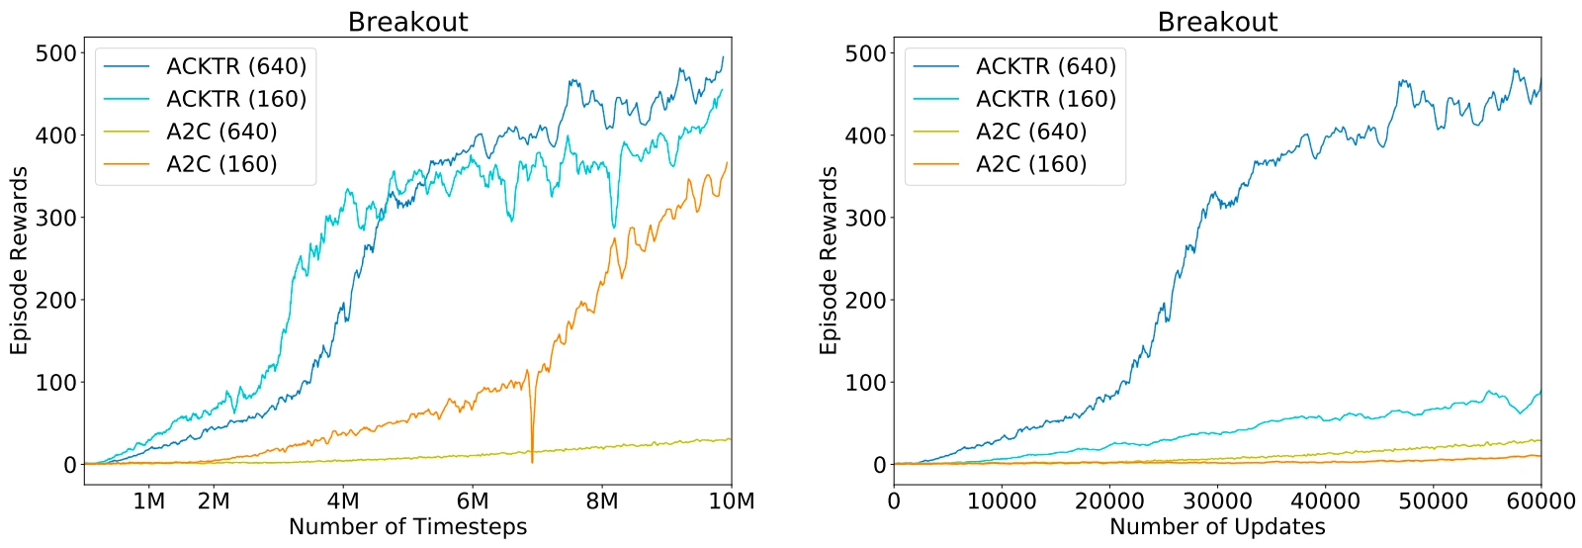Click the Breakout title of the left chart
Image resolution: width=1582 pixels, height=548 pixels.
[x=407, y=22]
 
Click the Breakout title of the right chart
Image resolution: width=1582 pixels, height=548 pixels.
[x=1217, y=22]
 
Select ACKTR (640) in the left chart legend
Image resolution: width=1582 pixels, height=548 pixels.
[x=236, y=66]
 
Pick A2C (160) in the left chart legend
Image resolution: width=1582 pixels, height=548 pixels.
[x=221, y=164]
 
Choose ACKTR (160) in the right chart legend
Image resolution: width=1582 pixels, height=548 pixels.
[x=1046, y=99]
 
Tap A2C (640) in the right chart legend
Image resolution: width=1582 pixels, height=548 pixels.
[x=1031, y=132]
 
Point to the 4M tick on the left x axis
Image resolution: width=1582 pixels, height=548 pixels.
[x=343, y=502]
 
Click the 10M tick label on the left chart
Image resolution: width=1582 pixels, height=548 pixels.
[x=732, y=502]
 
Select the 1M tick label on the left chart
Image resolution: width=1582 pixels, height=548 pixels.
[x=149, y=502]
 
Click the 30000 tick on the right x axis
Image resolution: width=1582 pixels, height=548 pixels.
[x=1217, y=502]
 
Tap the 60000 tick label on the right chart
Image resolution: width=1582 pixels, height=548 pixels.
[x=1540, y=502]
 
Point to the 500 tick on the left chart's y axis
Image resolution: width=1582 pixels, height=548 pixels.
[x=56, y=53]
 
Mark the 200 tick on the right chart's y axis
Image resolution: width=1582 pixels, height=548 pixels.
[x=866, y=300]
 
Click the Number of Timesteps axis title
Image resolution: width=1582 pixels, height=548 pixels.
[x=407, y=527]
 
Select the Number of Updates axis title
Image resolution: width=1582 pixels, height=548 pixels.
[x=1217, y=527]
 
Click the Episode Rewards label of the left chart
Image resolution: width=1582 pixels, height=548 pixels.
[x=19, y=261]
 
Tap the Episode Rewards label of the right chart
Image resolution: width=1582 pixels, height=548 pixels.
[x=829, y=261]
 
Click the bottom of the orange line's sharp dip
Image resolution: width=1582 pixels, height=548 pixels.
[x=532, y=461]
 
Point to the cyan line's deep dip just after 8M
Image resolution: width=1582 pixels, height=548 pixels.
[x=614, y=227]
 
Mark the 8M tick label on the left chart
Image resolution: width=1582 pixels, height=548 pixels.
[x=602, y=502]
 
